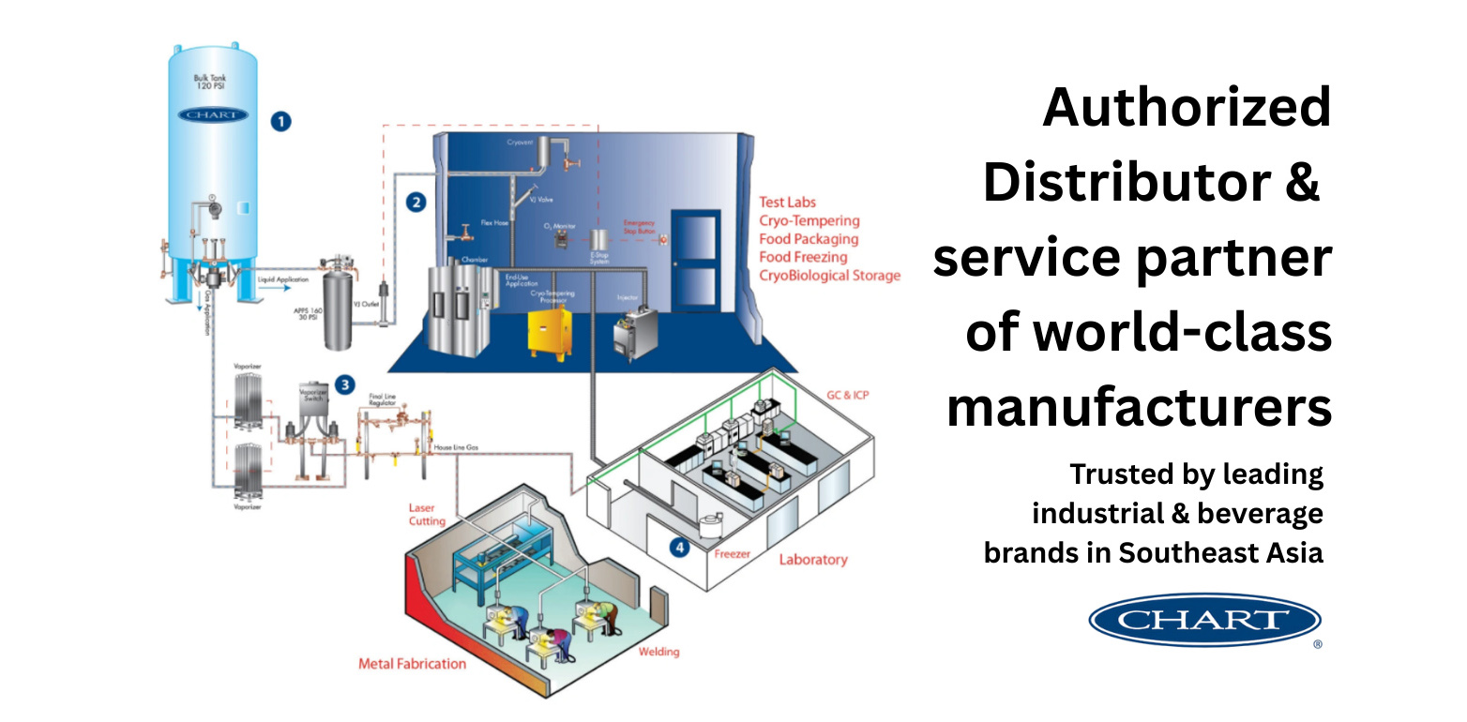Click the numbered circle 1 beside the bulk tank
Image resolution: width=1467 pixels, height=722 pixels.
(x=280, y=121)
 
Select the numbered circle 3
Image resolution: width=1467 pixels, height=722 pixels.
(x=345, y=384)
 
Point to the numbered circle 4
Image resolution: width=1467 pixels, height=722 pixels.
(x=679, y=549)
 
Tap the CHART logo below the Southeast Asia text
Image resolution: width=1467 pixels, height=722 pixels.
(x=1204, y=619)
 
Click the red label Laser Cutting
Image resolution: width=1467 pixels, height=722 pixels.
(x=427, y=514)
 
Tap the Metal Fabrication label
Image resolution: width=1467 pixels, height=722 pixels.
(x=412, y=664)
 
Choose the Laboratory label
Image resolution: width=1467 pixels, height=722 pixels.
(x=812, y=560)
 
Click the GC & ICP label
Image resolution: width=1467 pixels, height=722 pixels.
(x=847, y=395)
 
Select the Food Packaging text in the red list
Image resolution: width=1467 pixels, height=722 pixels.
(x=809, y=239)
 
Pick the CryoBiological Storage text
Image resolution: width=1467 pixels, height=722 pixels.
(x=830, y=276)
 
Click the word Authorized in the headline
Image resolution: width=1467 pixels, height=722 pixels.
(x=1187, y=108)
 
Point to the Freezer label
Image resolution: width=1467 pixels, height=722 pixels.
(x=732, y=554)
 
